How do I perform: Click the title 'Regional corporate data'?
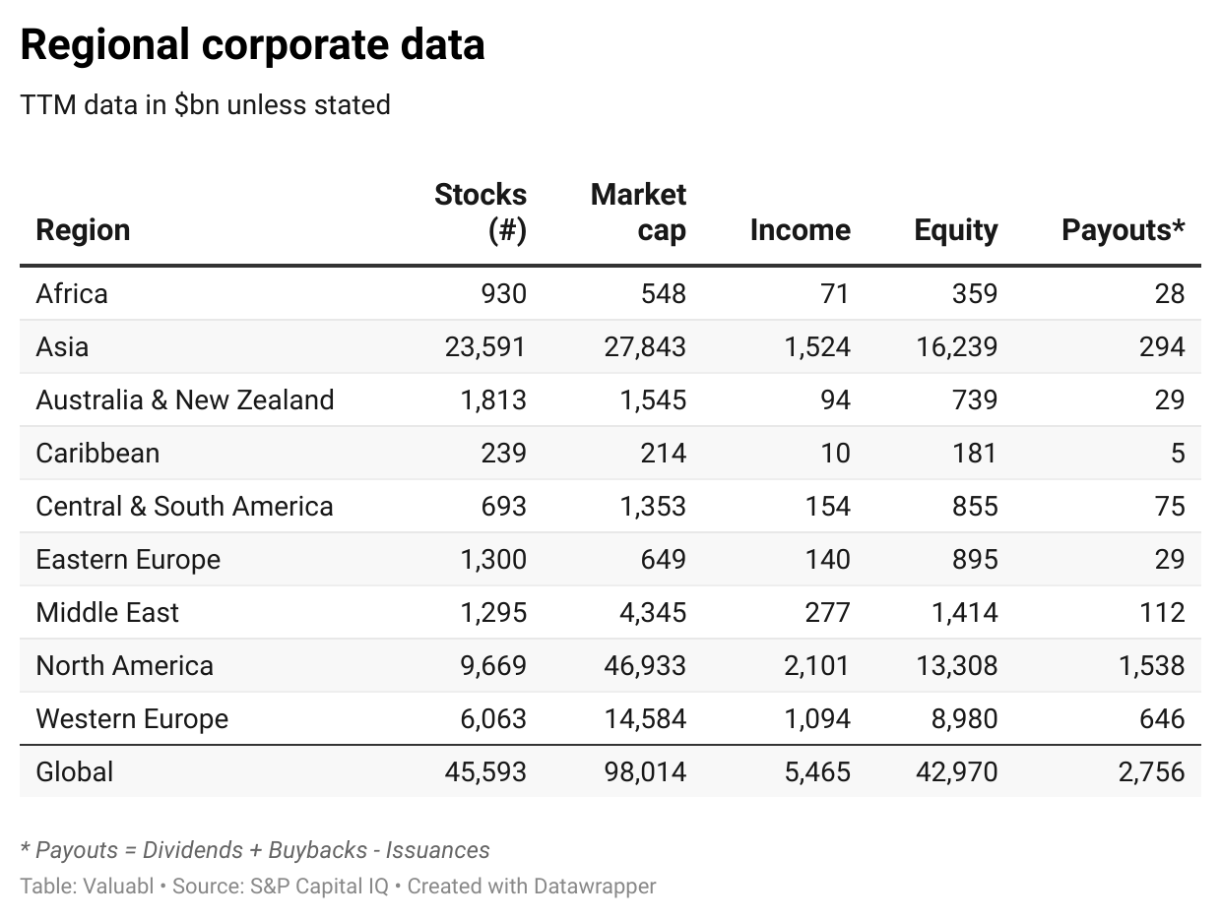click(252, 45)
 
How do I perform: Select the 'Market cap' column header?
click(638, 213)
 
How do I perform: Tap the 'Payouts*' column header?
click(1124, 230)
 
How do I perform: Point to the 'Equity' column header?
click(956, 230)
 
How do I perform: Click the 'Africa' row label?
click(72, 293)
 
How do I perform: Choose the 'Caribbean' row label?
click(97, 453)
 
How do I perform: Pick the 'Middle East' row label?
click(107, 612)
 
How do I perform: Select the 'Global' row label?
click(75, 771)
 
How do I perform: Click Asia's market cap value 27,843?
click(645, 346)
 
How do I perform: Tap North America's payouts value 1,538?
click(1151, 666)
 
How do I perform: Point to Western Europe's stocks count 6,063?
click(493, 718)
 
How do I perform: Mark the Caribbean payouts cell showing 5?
click(1178, 453)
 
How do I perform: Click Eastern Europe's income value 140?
click(828, 559)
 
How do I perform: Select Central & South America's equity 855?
click(975, 506)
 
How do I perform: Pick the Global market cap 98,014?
click(645, 771)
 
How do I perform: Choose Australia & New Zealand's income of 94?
click(836, 400)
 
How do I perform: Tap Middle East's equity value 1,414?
click(965, 612)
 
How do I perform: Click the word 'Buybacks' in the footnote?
click(318, 850)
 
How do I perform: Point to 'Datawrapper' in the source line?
click(595, 887)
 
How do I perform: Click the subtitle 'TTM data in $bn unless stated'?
click(205, 105)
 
